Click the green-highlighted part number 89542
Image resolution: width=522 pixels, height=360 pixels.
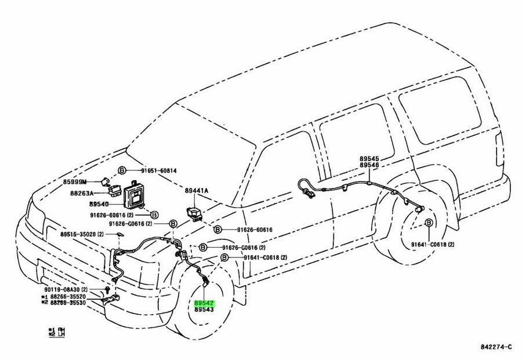204,303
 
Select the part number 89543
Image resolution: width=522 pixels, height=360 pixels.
204,311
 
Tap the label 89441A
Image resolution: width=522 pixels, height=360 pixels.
197,191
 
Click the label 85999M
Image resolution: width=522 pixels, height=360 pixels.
75,181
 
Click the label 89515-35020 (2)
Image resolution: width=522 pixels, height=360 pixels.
82,234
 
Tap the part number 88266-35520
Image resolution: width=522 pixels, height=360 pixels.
68,296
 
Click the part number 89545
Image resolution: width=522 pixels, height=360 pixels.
368,158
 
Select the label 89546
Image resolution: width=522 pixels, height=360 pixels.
368,165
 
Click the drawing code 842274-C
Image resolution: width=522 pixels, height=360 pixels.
496,347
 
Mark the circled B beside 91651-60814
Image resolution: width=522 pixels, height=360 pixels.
122,170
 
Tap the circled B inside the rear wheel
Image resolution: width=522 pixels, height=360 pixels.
429,223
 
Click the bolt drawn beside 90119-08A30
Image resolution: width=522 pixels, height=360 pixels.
108,289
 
